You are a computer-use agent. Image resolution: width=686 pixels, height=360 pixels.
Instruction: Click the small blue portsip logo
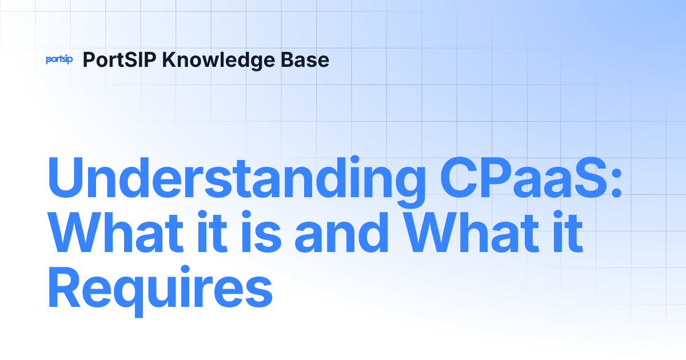(x=59, y=59)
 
